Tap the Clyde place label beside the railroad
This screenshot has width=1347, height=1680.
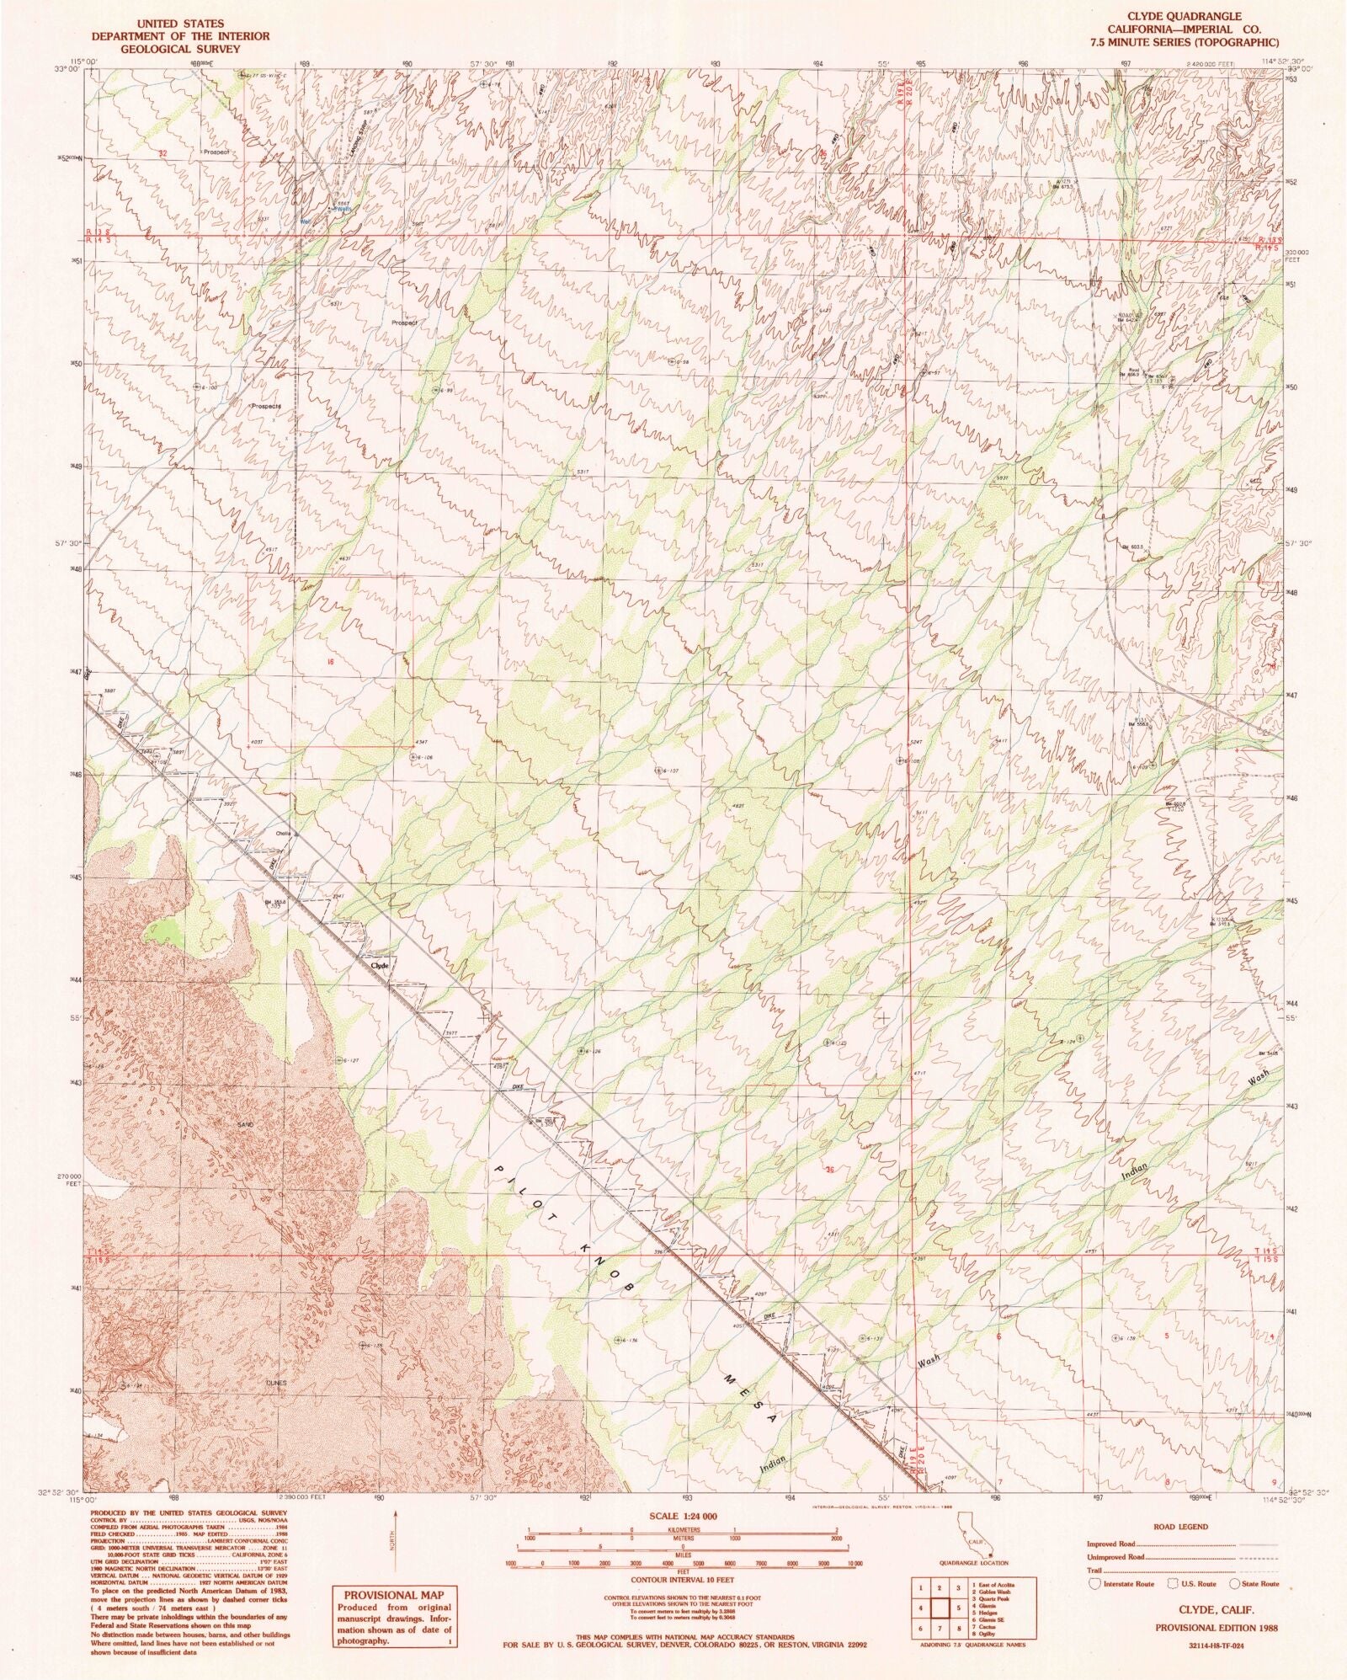click(380, 965)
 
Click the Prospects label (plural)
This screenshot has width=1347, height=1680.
click(266, 405)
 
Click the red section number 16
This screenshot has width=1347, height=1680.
click(331, 663)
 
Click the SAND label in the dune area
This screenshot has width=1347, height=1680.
click(245, 1125)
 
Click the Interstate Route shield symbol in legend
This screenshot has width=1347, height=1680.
click(1095, 1583)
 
